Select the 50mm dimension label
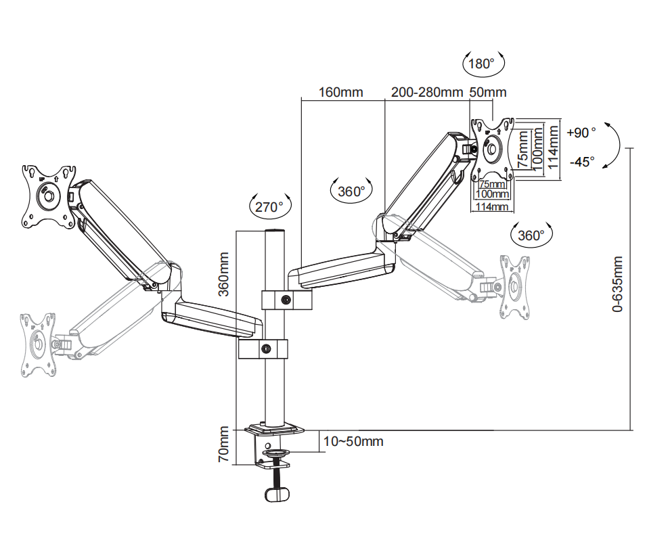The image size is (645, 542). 487,92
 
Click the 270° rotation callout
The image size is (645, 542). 269,206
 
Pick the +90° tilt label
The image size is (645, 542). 581,132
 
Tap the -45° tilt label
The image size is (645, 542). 581,162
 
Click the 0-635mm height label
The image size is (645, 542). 617,284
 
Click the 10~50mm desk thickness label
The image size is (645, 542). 353,442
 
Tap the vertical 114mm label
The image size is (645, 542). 554,147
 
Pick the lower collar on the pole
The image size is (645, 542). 263,349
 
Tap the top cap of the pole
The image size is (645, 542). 273,233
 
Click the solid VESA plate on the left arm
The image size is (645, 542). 47,195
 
